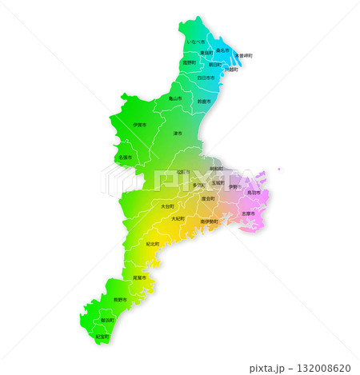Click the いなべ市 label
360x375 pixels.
coord(195,41)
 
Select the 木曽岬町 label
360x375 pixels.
coord(243,55)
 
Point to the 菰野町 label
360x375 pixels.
coord(189,62)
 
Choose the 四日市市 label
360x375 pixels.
coord(206,78)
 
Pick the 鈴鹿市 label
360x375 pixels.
coord(204,102)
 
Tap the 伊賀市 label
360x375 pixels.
coord(139,126)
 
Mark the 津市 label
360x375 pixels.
coord(178,133)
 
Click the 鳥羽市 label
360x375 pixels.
coord(254,193)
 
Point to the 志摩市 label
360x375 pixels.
coord(249,213)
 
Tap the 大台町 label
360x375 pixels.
coord(167,205)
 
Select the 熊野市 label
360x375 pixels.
coord(118,298)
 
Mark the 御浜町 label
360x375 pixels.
coord(107,319)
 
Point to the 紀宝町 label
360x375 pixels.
coord(102,337)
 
